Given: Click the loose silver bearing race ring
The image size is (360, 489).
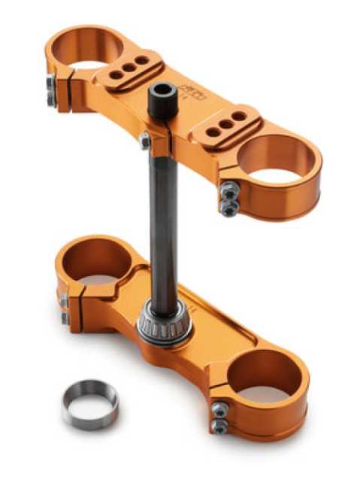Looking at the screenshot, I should (x=90, y=403).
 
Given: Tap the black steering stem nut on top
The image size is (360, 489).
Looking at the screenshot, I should (x=162, y=100).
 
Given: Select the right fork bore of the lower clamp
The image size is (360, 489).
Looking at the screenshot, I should (x=262, y=375).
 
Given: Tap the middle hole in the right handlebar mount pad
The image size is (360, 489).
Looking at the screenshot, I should (x=225, y=124).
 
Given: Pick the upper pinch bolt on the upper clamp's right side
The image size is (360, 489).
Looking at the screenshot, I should (x=228, y=193).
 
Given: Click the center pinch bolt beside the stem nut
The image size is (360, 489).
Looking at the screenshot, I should (x=144, y=141).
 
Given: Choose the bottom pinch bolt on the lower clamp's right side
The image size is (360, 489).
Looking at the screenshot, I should (x=219, y=425).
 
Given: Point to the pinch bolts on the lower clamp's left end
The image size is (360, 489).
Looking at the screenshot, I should (x=65, y=308).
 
